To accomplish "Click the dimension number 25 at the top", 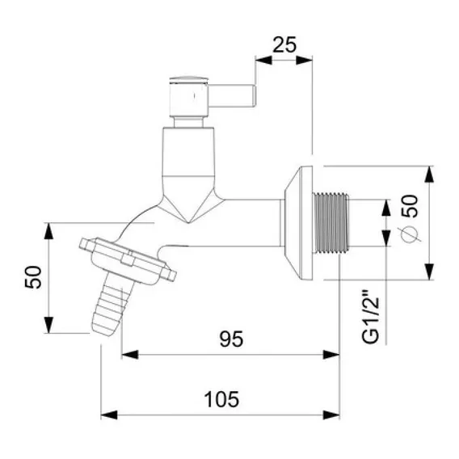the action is tap(284, 44).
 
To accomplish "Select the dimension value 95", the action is tap(231, 339).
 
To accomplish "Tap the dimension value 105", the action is tap(221, 399).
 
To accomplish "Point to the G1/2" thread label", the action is tap(371, 317).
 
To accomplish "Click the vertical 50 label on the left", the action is tap(33, 277).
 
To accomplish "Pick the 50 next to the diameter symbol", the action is tap(410, 206).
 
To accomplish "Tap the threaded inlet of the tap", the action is tap(331, 222).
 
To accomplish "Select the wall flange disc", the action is tap(298, 222).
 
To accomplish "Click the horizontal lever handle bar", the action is tap(232, 96).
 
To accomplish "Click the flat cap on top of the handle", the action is tap(189, 80).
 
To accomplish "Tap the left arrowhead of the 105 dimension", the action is tap(109, 415).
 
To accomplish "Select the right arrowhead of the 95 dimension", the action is tap(331, 355).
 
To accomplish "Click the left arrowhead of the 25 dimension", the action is tap(263, 61).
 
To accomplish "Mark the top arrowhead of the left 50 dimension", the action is tap(48, 230).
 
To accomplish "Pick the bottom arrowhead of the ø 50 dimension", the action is tap(429, 272).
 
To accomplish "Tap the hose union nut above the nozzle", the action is tap(128, 260).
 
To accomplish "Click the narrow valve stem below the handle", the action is tap(188, 122).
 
